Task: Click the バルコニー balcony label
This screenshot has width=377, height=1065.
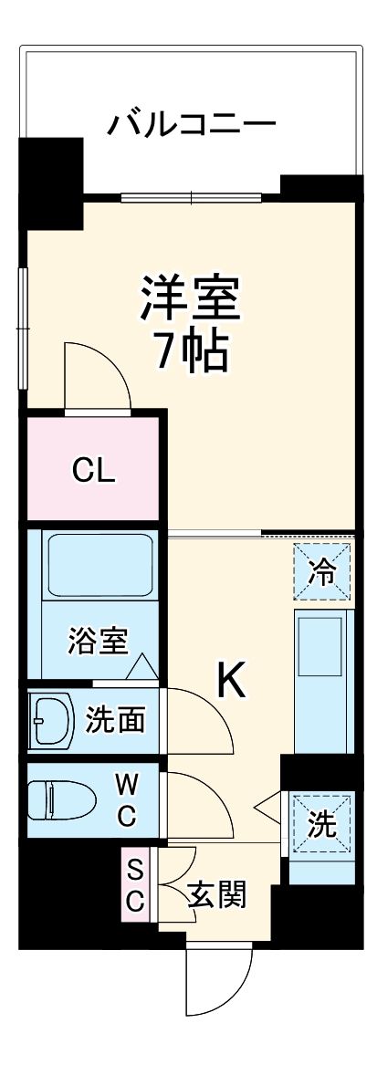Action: click(x=191, y=123)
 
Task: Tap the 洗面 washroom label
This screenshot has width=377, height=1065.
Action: click(x=114, y=720)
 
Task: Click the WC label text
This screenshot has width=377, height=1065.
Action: click(x=126, y=799)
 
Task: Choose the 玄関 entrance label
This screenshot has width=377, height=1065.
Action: click(x=216, y=895)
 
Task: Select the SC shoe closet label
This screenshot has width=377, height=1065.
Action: click(x=134, y=883)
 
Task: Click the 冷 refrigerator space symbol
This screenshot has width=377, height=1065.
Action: click(x=321, y=572)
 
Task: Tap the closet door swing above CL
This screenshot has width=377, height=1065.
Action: click(x=97, y=376)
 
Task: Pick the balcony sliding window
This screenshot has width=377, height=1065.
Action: click(x=192, y=195)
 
